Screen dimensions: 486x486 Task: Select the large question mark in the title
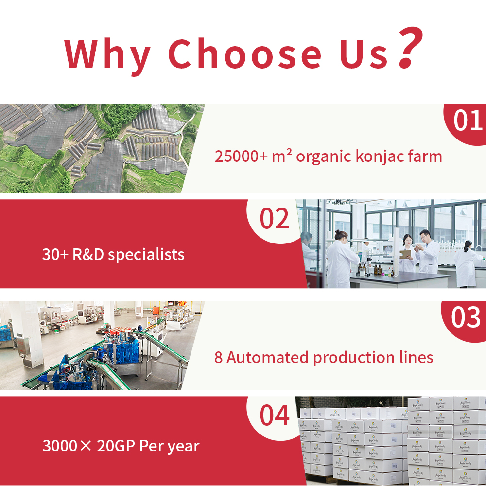tap(410, 48)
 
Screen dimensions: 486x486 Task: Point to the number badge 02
tap(274, 218)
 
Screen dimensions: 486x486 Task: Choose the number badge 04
tap(274, 415)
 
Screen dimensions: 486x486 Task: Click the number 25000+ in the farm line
tap(241, 156)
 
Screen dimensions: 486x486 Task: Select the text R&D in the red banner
tap(88, 255)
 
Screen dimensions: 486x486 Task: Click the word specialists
tap(146, 255)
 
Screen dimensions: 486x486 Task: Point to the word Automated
tap(267, 357)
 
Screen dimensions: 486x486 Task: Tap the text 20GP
tap(116, 446)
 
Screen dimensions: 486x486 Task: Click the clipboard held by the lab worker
tap(405, 254)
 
